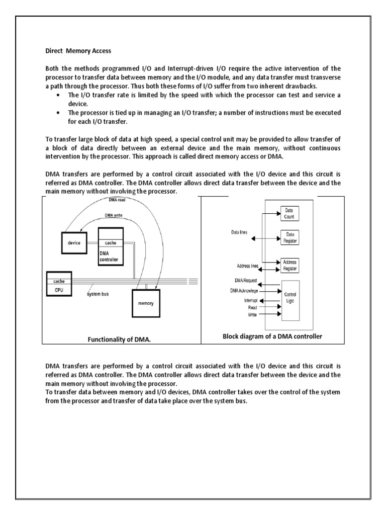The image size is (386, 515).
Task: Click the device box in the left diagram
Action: click(74, 242)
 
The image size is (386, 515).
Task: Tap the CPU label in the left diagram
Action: click(59, 290)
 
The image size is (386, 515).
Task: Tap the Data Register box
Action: click(290, 237)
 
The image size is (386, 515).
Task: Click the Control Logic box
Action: click(290, 300)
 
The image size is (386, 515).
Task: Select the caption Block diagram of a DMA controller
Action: click(272, 336)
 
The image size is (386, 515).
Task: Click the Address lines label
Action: click(240, 266)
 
